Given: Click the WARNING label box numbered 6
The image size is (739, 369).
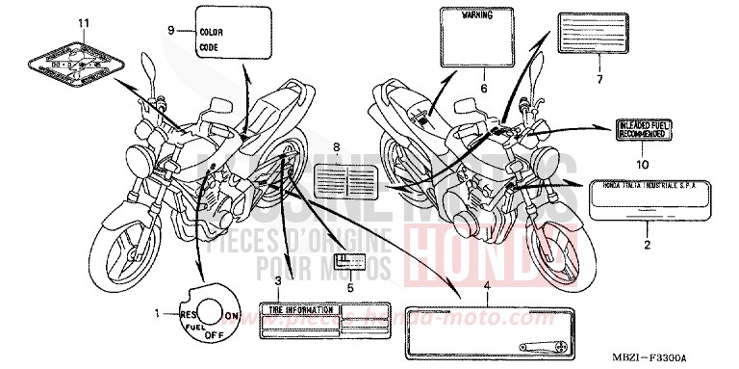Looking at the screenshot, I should click(473, 36).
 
